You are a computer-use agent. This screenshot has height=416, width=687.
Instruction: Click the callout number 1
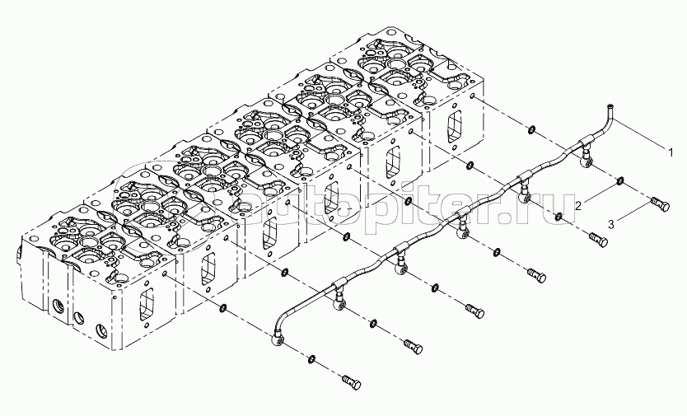671,152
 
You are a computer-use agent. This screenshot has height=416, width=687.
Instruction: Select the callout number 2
579,204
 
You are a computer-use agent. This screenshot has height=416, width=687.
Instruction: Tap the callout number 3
611,223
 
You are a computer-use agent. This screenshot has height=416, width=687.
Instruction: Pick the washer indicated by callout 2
619,180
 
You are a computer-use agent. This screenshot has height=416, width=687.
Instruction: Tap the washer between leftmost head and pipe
222,310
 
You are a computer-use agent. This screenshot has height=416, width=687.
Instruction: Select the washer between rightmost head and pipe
531,129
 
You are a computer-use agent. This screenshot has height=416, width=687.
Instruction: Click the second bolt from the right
599,240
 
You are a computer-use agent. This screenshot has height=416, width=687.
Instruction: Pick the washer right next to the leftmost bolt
312,359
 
